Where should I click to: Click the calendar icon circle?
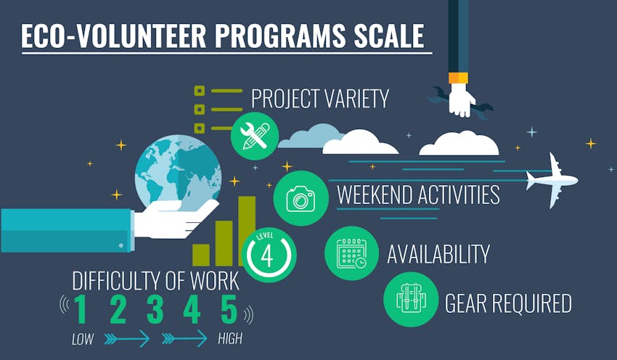coord(351,253)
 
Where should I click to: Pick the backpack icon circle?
coord(411,300)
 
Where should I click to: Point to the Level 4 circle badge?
coord(269,254)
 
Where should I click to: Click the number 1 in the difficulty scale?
coord(81,310)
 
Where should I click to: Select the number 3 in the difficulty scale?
coord(155,310)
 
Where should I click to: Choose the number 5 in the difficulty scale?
coord(229,310)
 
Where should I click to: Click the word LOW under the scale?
coord(83,339)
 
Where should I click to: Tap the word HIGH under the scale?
coord(230,339)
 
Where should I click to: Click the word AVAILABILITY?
coord(438,254)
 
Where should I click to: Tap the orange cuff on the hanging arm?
coord(458,78)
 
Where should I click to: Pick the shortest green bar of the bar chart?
coord(201,255)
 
